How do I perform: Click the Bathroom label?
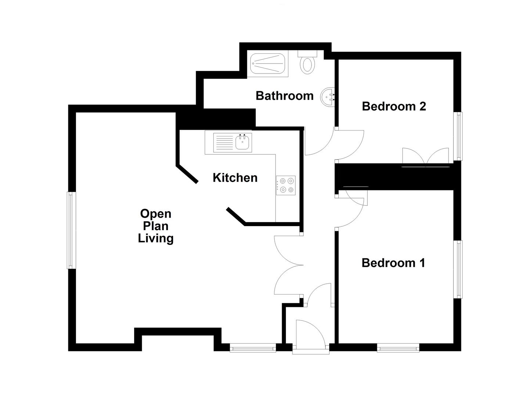pyautogui.click(x=284, y=96)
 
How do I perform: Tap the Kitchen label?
pyautogui.click(x=235, y=178)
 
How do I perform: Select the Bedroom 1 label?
pyautogui.click(x=393, y=263)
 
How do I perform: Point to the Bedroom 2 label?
pyautogui.click(x=394, y=107)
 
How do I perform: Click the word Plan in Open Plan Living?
pyautogui.click(x=156, y=226)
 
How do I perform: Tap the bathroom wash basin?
pyautogui.click(x=328, y=97)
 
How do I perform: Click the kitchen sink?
pyautogui.click(x=243, y=142)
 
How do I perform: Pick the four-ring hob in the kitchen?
pyautogui.click(x=286, y=185)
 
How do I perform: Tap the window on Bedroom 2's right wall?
pyautogui.click(x=459, y=136)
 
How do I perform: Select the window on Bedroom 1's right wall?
pyautogui.click(x=459, y=269)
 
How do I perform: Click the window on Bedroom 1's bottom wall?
pyautogui.click(x=398, y=348)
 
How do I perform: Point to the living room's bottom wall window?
pyautogui.click(x=253, y=348)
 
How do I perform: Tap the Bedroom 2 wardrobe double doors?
pyautogui.click(x=425, y=157)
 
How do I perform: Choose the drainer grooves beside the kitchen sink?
pyautogui.click(x=223, y=142)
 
